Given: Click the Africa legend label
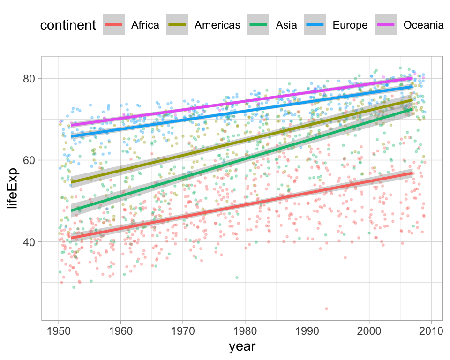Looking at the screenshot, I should coord(145,25).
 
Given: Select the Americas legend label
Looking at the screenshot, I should coord(217,25).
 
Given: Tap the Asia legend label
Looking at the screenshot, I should coord(286,25).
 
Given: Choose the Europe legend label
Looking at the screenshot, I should coord(350,25).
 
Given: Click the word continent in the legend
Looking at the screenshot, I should coord(68,25).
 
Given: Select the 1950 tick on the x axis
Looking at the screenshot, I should coord(59,330).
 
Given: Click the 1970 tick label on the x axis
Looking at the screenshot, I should coord(183,330).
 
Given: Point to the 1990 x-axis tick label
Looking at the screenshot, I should coord(307,330).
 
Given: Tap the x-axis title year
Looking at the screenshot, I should coord(242,347).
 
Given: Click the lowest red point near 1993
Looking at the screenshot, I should coord(326,308).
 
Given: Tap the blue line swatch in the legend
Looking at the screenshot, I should coord(318,25).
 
